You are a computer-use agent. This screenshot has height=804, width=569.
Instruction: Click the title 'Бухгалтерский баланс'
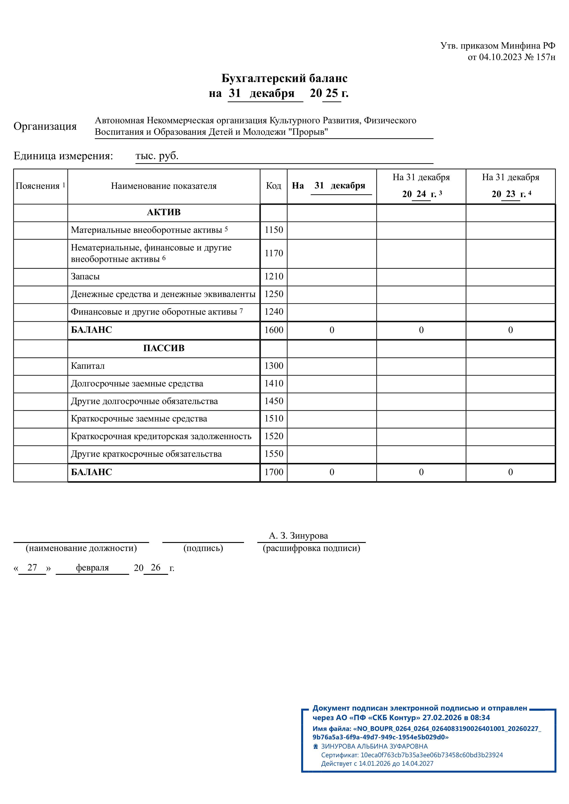click(x=284, y=78)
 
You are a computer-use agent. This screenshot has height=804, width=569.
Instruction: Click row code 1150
click(x=274, y=230)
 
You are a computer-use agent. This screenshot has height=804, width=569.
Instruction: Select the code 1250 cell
click(x=274, y=294)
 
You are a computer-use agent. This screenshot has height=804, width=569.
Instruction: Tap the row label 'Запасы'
click(x=85, y=277)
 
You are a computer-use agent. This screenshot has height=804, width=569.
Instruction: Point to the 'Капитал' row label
click(x=88, y=366)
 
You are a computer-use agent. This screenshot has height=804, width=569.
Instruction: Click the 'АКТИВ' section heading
click(x=164, y=212)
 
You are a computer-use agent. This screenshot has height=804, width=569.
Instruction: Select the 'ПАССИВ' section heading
click(x=164, y=348)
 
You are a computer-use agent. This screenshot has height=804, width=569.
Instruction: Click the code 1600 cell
click(x=274, y=330)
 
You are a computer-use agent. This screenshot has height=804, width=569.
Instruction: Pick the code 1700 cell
click(x=274, y=472)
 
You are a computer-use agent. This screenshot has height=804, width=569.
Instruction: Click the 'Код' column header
click(x=274, y=186)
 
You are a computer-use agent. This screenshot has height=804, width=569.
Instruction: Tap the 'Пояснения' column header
click(x=38, y=186)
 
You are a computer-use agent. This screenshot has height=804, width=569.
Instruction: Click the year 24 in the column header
click(x=421, y=194)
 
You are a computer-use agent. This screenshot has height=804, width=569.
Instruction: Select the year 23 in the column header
click(x=511, y=194)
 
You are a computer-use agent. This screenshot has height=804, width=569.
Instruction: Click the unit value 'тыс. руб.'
click(x=157, y=156)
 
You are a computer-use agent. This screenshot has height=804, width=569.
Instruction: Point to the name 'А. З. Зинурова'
click(x=298, y=536)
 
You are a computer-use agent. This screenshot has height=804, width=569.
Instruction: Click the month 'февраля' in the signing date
click(x=92, y=568)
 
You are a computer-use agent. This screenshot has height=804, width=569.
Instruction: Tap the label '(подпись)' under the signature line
click(x=203, y=548)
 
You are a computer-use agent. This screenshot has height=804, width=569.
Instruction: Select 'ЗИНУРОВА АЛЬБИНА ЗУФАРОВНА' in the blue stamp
click(x=374, y=746)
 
